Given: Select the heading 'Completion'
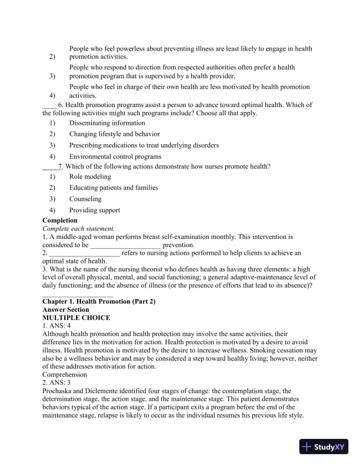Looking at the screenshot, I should click(60, 221).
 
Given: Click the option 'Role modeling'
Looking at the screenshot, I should click(90, 177).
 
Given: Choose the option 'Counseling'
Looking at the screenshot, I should click(85, 199).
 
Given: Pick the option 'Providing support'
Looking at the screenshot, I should click(94, 210).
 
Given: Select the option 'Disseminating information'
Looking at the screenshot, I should click(107, 123).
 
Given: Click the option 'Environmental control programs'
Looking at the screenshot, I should click(115, 157).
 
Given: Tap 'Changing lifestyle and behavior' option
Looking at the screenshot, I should click(114, 134).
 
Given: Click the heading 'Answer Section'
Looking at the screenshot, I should click(66, 309).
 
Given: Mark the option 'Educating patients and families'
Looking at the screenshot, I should click(114, 188).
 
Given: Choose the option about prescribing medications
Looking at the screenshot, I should click(144, 145).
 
